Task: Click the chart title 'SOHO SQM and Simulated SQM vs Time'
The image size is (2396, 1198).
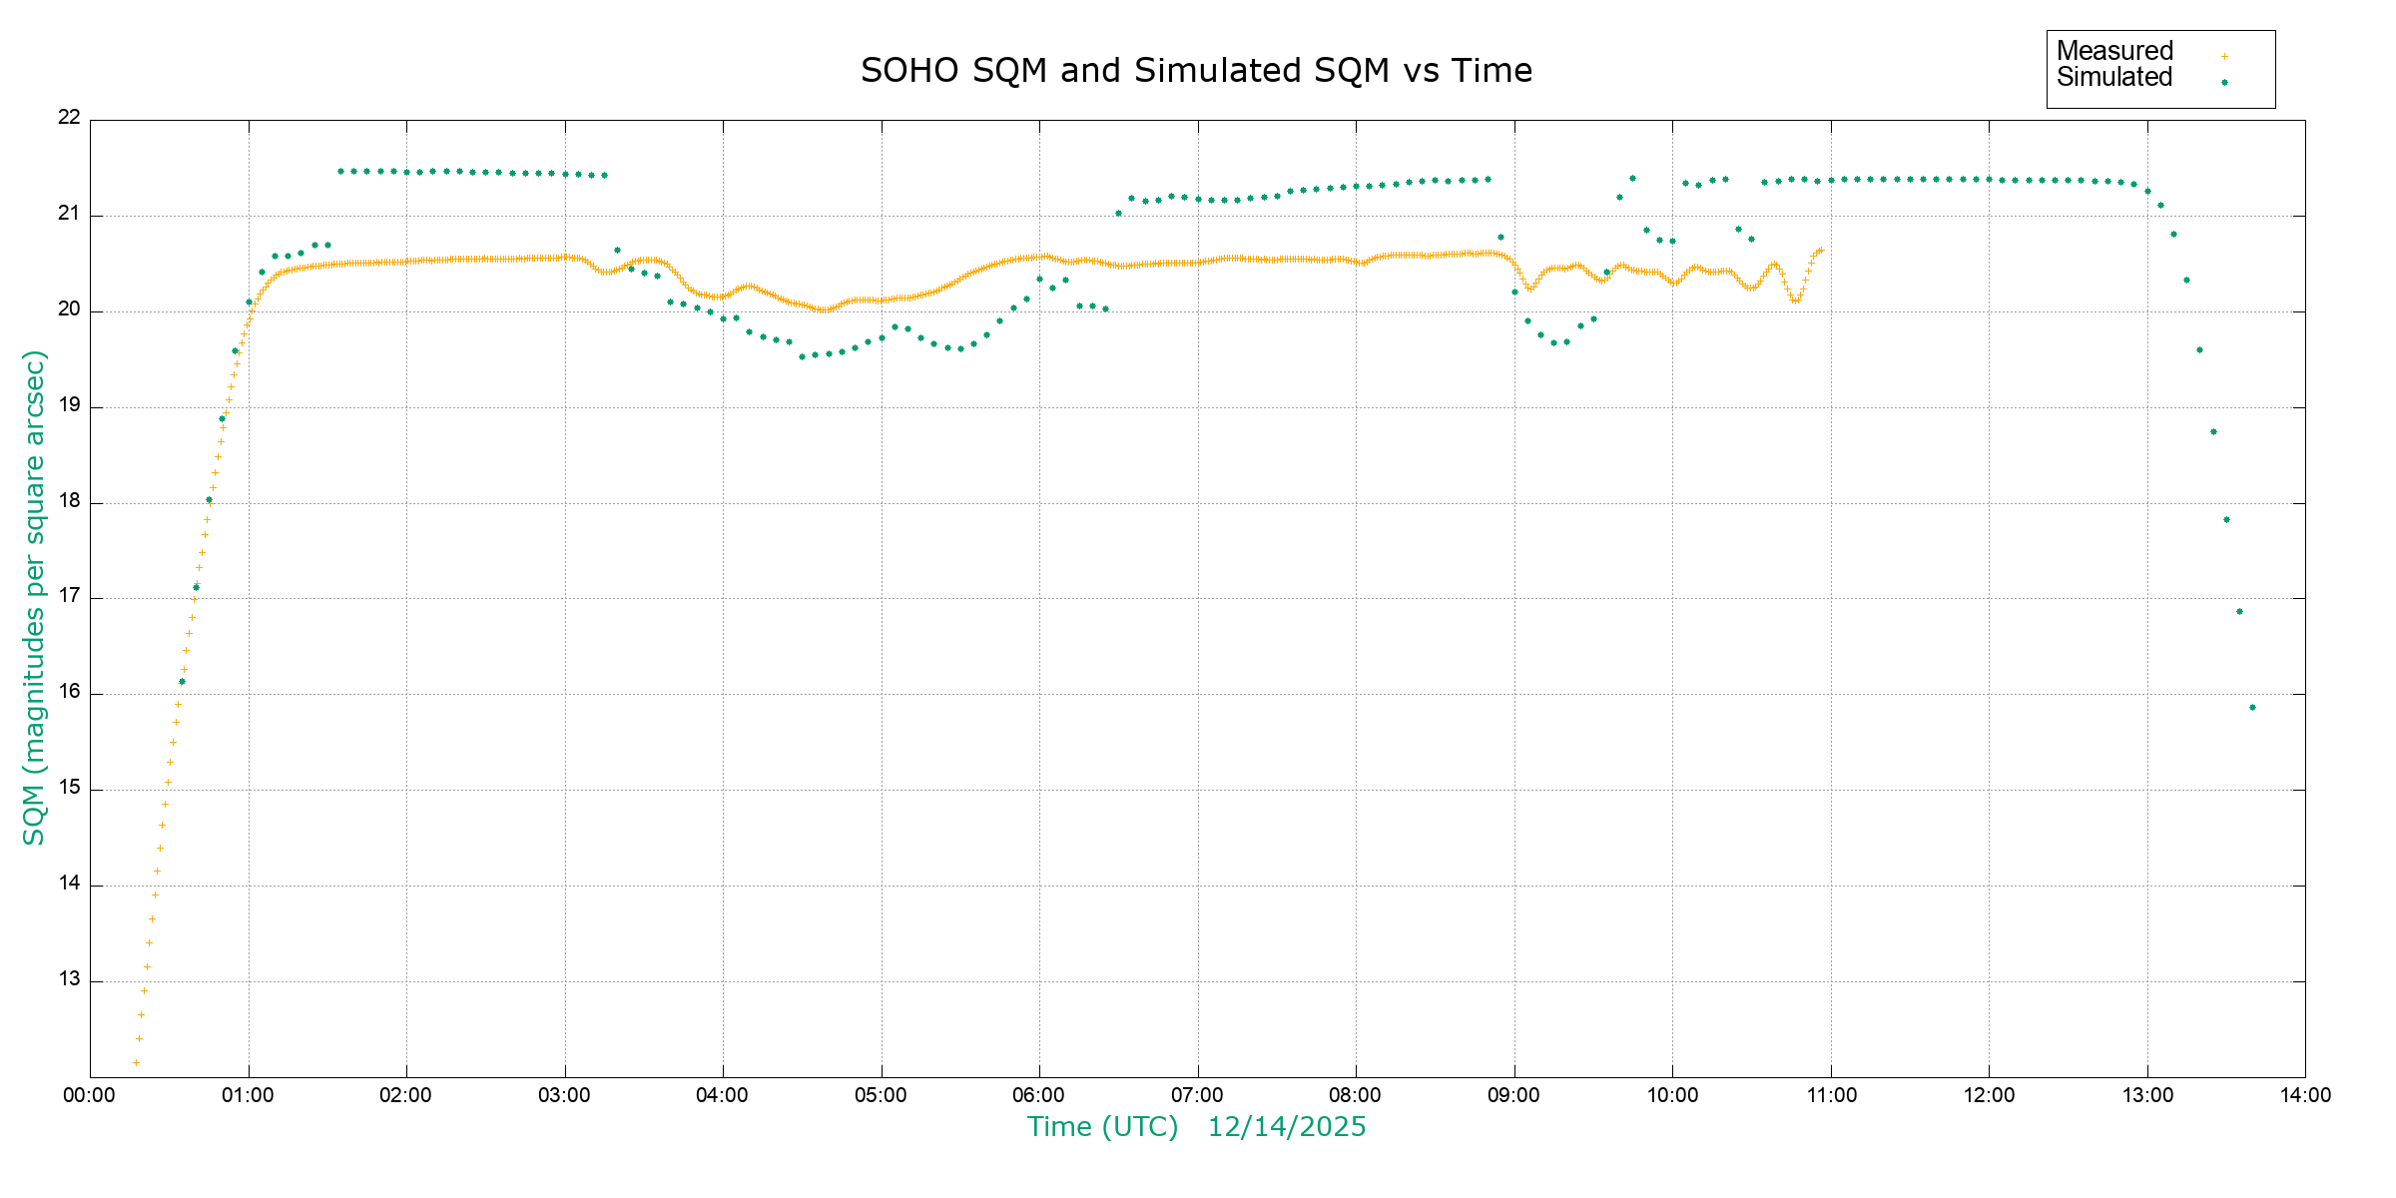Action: pos(1196,71)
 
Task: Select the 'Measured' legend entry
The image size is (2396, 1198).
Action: pos(2114,51)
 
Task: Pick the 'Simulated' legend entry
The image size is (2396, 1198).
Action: pos(2114,78)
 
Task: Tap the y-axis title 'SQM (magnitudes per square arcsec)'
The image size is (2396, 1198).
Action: pos(34,597)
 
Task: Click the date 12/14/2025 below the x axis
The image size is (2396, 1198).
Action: pos(1287,1127)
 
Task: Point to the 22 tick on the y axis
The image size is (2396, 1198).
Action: pos(69,118)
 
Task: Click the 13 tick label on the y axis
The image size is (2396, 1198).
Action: pos(69,979)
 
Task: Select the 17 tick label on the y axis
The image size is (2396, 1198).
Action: pos(69,597)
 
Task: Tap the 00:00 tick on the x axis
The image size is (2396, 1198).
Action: pos(90,1095)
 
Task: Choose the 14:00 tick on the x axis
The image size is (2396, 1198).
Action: pos(2305,1095)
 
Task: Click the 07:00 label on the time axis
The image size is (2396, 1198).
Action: pos(1197,1095)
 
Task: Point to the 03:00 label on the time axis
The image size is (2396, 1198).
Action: pos(565,1095)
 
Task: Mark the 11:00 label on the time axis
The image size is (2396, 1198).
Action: pos(1831,1095)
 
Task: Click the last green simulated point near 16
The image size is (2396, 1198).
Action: pos(2252,708)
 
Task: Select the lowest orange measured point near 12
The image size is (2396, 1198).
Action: pos(136,1062)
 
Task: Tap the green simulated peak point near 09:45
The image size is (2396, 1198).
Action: pos(1632,179)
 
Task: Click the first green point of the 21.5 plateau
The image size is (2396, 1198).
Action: pos(340,172)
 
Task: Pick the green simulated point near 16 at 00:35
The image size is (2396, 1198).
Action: pos(182,682)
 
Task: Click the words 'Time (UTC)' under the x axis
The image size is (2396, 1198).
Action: pos(1103,1127)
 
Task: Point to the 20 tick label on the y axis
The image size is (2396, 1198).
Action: pos(69,309)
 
